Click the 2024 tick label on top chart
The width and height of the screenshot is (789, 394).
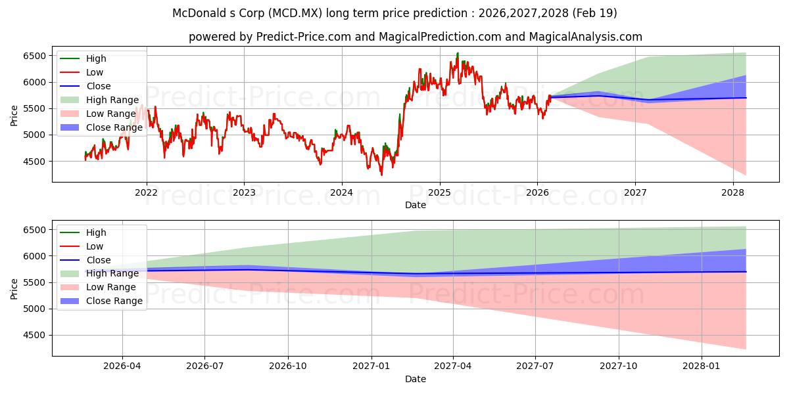pyautogui.click(x=342, y=193)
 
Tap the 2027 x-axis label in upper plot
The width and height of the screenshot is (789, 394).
pyautogui.click(x=635, y=193)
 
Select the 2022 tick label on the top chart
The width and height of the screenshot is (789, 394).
pyautogui.click(x=146, y=193)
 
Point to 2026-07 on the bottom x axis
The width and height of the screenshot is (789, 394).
pyautogui.click(x=204, y=366)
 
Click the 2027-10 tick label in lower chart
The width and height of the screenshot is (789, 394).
pyautogui.click(x=619, y=366)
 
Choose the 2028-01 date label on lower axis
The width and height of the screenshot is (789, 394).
pyautogui.click(x=702, y=366)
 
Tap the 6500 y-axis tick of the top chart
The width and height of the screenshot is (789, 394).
pyautogui.click(x=34, y=56)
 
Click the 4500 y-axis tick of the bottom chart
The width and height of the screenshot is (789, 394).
pyautogui.click(x=34, y=336)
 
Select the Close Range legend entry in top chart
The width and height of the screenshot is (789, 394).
pyautogui.click(x=101, y=127)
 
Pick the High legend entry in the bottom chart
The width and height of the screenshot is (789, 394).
pyautogui.click(x=83, y=232)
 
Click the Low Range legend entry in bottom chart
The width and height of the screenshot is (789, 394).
pyautogui.click(x=98, y=287)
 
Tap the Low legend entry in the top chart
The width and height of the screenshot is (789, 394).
pyautogui.click(x=82, y=72)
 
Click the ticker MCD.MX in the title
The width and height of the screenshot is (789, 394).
pyautogui.click(x=295, y=13)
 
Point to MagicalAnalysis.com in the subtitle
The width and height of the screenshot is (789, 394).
pyautogui.click(x=586, y=37)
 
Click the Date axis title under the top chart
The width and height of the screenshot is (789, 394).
pyautogui.click(x=416, y=205)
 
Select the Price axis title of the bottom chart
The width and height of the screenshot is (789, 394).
pyautogui.click(x=14, y=289)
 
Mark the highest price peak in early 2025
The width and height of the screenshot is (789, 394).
pyautogui.click(x=458, y=53)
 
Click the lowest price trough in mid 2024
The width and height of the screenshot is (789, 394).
pyautogui.click(x=381, y=175)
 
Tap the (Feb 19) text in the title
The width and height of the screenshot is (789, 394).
pyautogui.click(x=594, y=13)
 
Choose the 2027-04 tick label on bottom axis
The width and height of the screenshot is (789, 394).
pyautogui.click(x=453, y=366)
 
